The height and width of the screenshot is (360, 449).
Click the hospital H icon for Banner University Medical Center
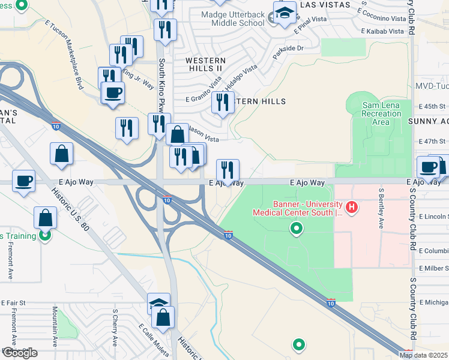[352, 208]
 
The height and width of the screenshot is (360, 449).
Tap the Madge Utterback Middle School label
[237, 18]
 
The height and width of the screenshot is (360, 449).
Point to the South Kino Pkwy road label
[161, 83]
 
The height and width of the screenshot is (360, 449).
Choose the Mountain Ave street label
[55, 327]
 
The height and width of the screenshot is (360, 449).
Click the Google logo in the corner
[19, 353]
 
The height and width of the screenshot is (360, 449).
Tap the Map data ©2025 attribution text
[424, 355]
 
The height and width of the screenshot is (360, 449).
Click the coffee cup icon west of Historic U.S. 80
[23, 181]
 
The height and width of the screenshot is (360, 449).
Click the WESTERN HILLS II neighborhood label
[205, 65]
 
